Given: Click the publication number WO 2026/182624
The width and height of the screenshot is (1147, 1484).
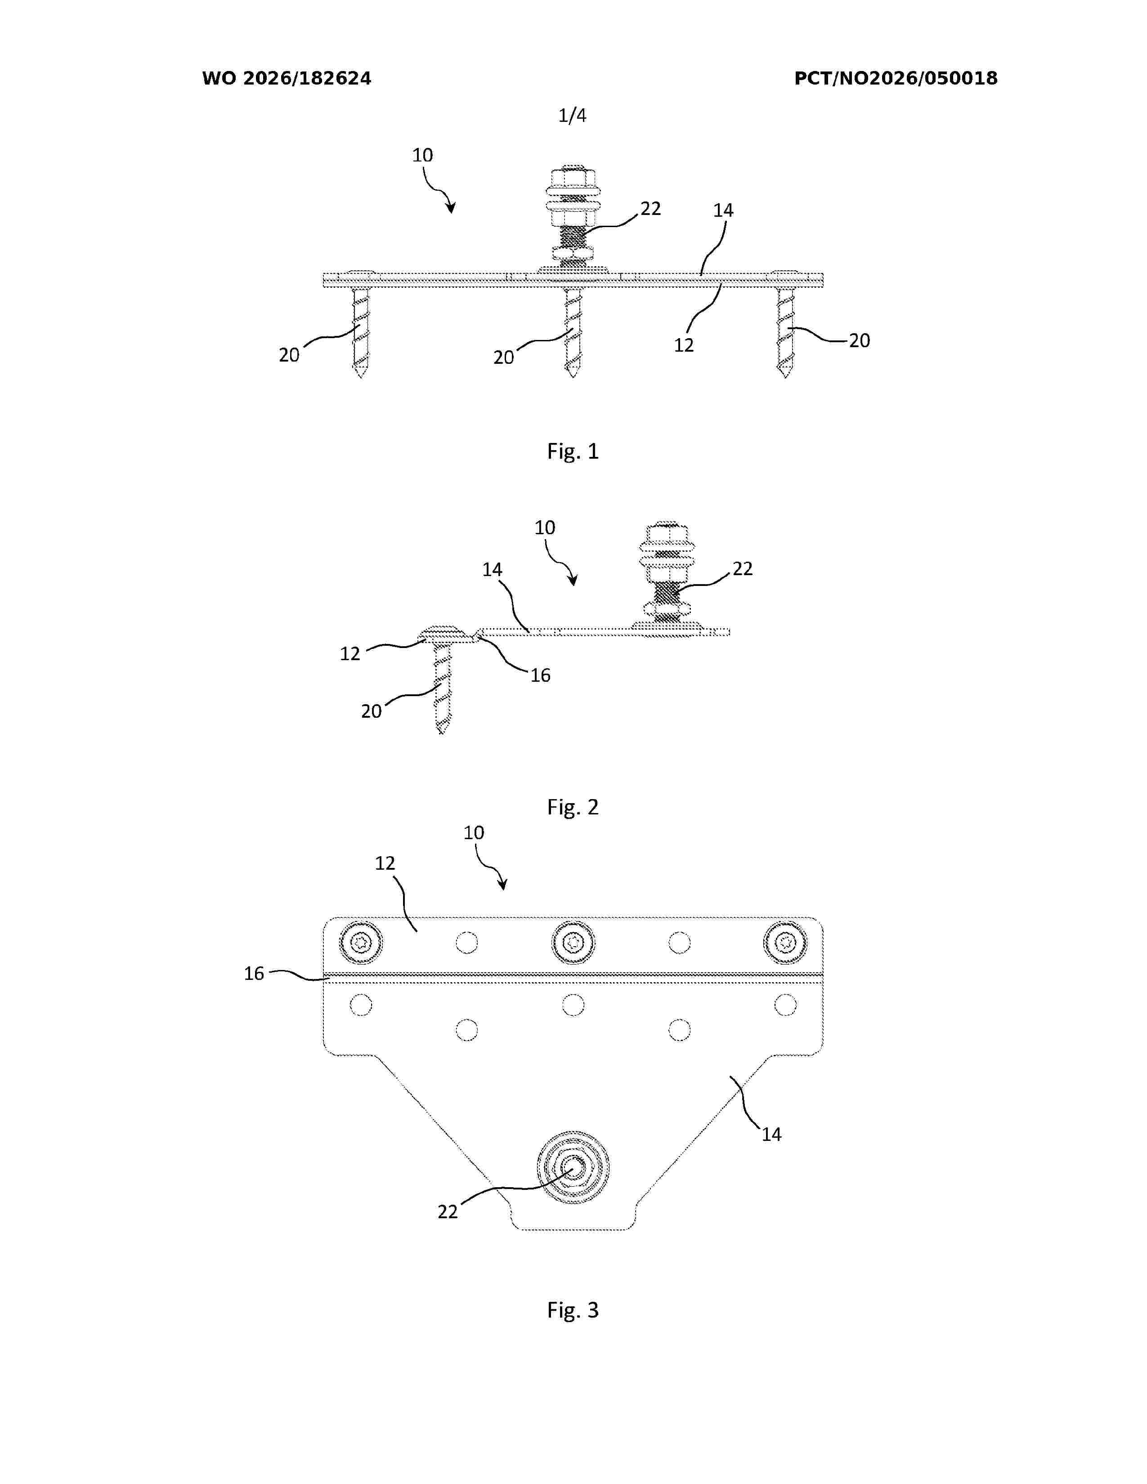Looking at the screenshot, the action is (287, 79).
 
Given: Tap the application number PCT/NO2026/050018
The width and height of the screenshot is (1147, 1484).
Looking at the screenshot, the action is (896, 79).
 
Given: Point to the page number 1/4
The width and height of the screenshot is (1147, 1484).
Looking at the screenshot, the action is (572, 116).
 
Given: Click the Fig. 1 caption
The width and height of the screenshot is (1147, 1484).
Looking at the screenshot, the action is (573, 451).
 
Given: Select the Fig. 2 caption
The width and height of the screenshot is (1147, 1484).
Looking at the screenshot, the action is (573, 807).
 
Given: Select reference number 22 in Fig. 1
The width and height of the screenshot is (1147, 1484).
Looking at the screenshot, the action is (650, 209).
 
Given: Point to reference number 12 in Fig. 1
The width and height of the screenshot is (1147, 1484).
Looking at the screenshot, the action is (684, 345).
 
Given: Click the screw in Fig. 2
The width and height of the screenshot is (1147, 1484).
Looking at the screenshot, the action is (442, 679).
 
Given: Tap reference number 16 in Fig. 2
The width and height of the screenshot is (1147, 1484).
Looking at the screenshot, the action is (540, 675).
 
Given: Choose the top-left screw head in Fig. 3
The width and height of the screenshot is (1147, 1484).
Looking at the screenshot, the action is (361, 943).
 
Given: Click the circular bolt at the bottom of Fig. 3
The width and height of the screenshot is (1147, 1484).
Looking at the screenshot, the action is (573, 1167).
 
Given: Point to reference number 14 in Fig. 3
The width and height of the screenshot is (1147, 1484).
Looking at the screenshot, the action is (771, 1134).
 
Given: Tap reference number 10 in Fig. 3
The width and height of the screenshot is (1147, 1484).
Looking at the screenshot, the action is (474, 833).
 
